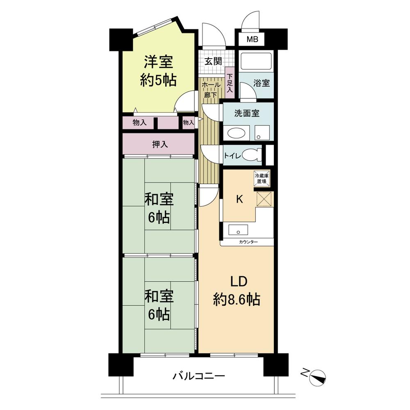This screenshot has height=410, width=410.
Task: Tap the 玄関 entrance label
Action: click(x=213, y=61)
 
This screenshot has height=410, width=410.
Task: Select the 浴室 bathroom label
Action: click(x=262, y=82)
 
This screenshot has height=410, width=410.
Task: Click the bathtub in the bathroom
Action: click(x=256, y=61)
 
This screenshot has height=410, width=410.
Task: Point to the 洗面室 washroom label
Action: click(x=248, y=114)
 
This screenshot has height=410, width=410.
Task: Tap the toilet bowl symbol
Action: click(x=251, y=155)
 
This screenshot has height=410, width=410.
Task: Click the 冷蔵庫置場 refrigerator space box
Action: click(x=261, y=178)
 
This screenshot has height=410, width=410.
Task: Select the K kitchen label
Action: click(x=239, y=200)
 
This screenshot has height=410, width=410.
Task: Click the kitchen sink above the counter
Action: click(x=237, y=230)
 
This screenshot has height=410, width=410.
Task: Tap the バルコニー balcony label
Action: click(x=198, y=375)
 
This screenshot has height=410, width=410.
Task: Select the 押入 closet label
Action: click(x=160, y=144)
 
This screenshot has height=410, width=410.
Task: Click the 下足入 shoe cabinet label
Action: click(x=230, y=82)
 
